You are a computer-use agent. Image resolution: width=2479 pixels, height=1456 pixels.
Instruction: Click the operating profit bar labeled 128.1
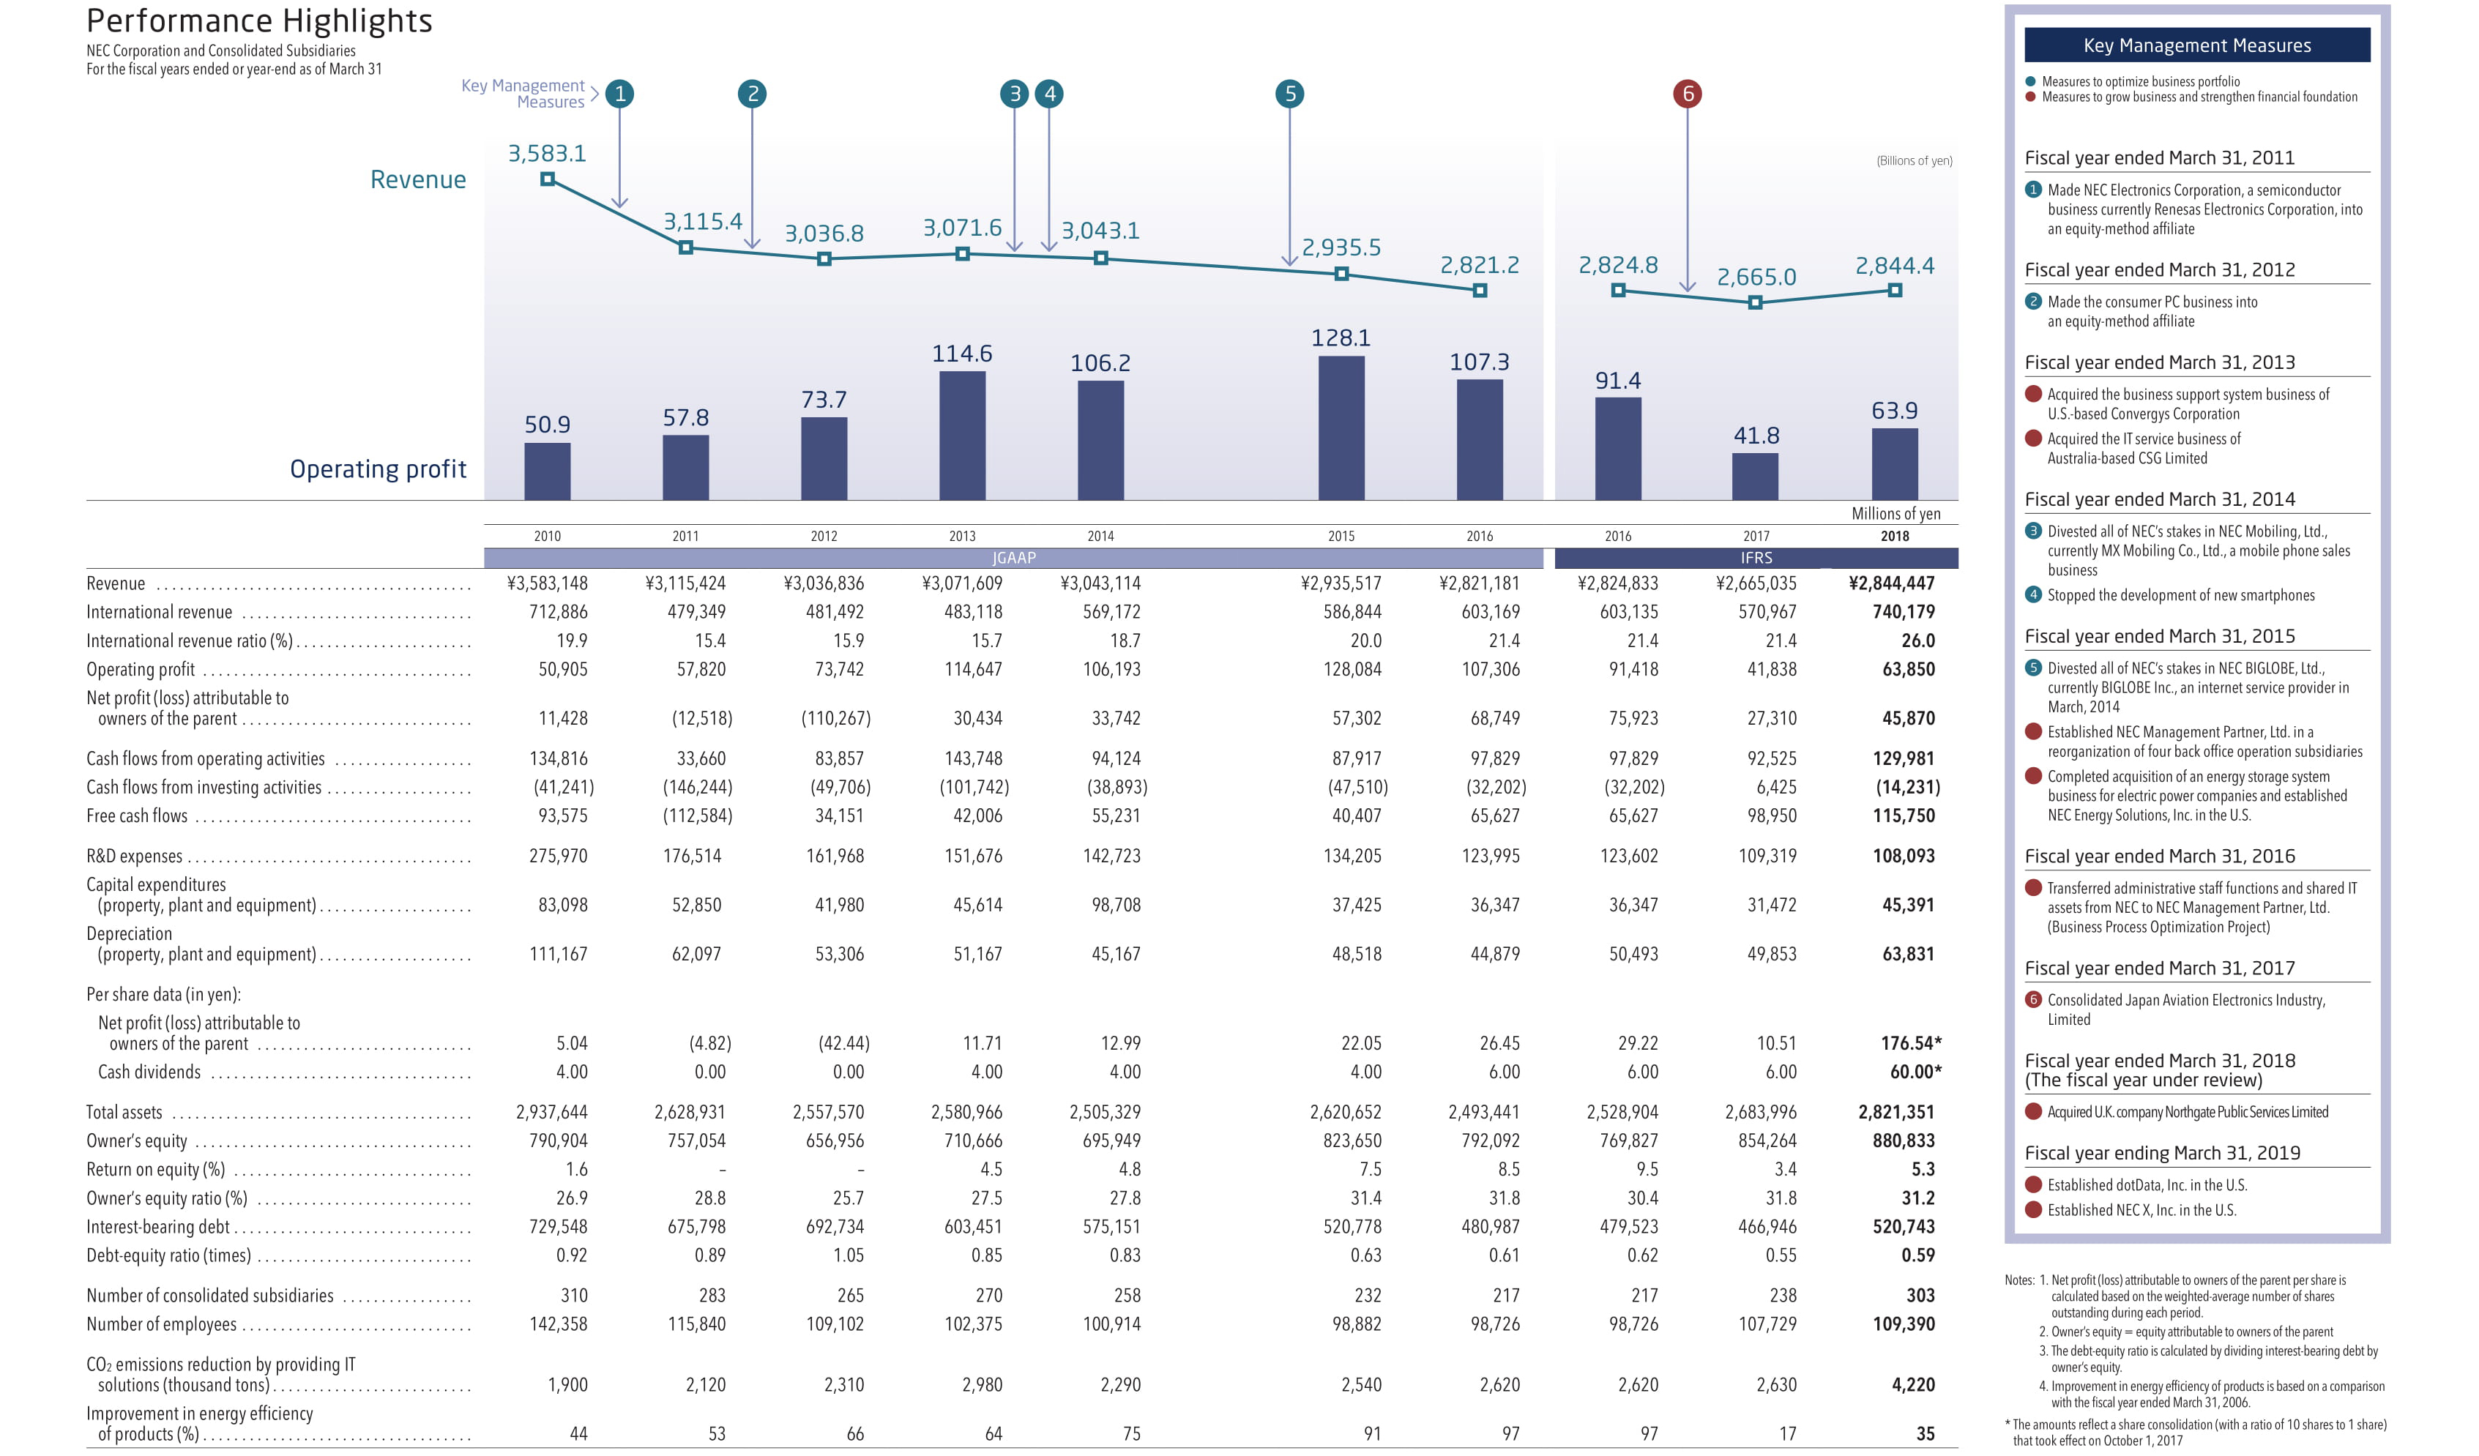pos(1341,428)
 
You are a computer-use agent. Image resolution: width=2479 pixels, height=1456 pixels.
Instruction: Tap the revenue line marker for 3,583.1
pos(548,179)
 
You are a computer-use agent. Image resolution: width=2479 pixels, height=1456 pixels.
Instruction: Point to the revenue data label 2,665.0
pos(1756,277)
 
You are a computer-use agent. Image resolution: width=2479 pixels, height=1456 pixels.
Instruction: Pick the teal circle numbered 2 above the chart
pos(753,94)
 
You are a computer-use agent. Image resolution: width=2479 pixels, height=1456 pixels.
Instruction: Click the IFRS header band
pos(1756,558)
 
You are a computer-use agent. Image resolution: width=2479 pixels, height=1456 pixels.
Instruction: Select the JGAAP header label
pos(1013,558)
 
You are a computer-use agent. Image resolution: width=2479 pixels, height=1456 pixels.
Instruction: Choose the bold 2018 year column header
pos(1895,536)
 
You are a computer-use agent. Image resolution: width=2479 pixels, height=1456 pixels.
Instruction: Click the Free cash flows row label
pos(137,815)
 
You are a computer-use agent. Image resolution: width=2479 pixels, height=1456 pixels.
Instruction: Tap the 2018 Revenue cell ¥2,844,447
pos(1890,583)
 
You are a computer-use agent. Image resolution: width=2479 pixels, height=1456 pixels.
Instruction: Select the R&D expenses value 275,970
pos(558,856)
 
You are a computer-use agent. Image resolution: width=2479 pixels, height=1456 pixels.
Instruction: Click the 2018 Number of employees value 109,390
pos(1903,1324)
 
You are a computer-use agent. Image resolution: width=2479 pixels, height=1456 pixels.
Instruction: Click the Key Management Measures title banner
pos(2196,45)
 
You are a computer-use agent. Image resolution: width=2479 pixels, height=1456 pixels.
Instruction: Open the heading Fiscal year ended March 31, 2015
pos(2159,637)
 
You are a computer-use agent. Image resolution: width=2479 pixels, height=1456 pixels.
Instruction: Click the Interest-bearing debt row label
pos(157,1227)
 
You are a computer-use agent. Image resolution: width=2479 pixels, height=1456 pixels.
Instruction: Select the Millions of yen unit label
pos(1895,514)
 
